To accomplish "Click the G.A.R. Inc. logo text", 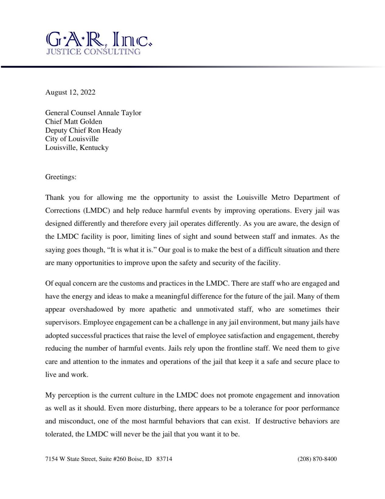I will [x=99, y=40].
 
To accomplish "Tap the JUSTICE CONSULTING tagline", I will [x=93, y=51].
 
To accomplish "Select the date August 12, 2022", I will [x=70, y=92].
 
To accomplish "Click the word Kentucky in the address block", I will [x=94, y=148].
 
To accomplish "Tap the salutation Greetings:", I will [x=61, y=177].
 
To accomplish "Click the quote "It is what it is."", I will [x=131, y=250].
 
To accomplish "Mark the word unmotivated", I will [x=215, y=310].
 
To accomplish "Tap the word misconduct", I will [x=76, y=421].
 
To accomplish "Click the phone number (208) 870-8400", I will [x=317, y=459].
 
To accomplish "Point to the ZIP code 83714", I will [x=164, y=459].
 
